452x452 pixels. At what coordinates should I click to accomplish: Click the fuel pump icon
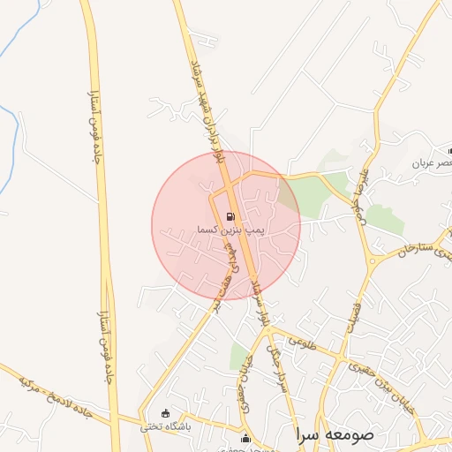tap(231, 215)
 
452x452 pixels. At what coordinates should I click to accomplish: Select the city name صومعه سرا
tap(335, 434)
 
